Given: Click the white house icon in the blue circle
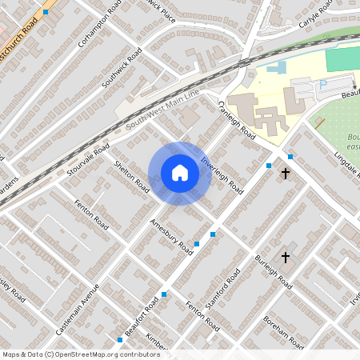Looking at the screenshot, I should [179, 173].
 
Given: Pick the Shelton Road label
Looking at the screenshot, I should [132, 177].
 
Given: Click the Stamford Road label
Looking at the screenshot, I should [223, 292].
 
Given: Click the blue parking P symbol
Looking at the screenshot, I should [323, 84].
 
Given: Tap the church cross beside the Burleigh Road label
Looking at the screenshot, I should [286, 257].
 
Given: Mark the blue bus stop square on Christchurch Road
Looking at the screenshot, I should [46, 12].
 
